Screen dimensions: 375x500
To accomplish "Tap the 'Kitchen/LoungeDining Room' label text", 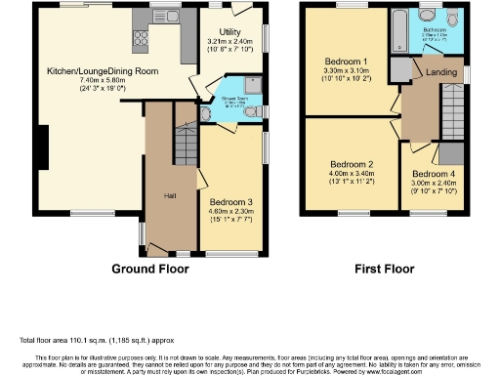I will coord(104,71).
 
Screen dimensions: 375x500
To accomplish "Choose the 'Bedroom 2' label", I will coord(352,164).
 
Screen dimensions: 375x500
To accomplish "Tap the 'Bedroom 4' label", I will coord(432,173).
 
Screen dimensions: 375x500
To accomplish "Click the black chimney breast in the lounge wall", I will coord(41,146).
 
